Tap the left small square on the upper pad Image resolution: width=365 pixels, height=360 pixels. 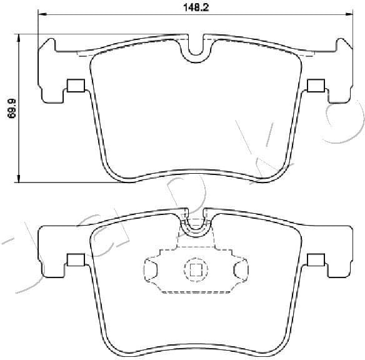[x=76, y=86]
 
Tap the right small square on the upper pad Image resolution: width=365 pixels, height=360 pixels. [x=317, y=86]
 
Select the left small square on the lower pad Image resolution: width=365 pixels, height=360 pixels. [x=76, y=260]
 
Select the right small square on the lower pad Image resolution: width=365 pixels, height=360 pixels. [x=317, y=260]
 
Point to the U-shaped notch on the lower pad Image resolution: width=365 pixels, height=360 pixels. [x=196, y=225]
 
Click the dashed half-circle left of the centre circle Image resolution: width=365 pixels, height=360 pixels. [x=150, y=270]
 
